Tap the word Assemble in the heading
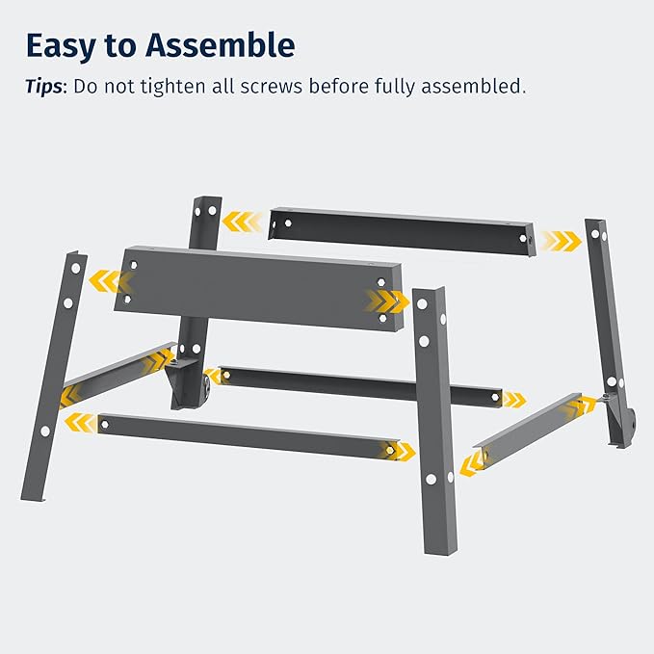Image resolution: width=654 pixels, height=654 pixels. (221, 45)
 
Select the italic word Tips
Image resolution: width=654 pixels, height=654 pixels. (43, 87)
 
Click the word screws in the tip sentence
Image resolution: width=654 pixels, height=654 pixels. (271, 87)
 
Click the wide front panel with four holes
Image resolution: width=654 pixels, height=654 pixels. (258, 289)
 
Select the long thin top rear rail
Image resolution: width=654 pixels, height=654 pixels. (402, 231)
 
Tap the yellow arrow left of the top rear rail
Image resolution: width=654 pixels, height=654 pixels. (242, 222)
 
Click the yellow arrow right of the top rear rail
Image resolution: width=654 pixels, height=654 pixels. (562, 241)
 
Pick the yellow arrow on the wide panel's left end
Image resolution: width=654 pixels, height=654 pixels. (110, 280)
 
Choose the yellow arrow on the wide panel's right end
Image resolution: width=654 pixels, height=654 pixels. (387, 301)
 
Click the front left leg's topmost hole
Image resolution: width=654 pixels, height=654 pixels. (75, 268)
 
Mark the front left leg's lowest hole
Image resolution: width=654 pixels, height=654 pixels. (45, 431)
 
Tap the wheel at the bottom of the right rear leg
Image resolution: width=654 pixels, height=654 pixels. (631, 421)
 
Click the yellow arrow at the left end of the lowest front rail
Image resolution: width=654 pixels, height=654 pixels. (80, 423)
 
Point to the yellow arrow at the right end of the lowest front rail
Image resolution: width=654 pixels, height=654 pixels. (401, 451)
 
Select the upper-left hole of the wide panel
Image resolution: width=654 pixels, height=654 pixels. (134, 265)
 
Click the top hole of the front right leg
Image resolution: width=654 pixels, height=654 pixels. (422, 303)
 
